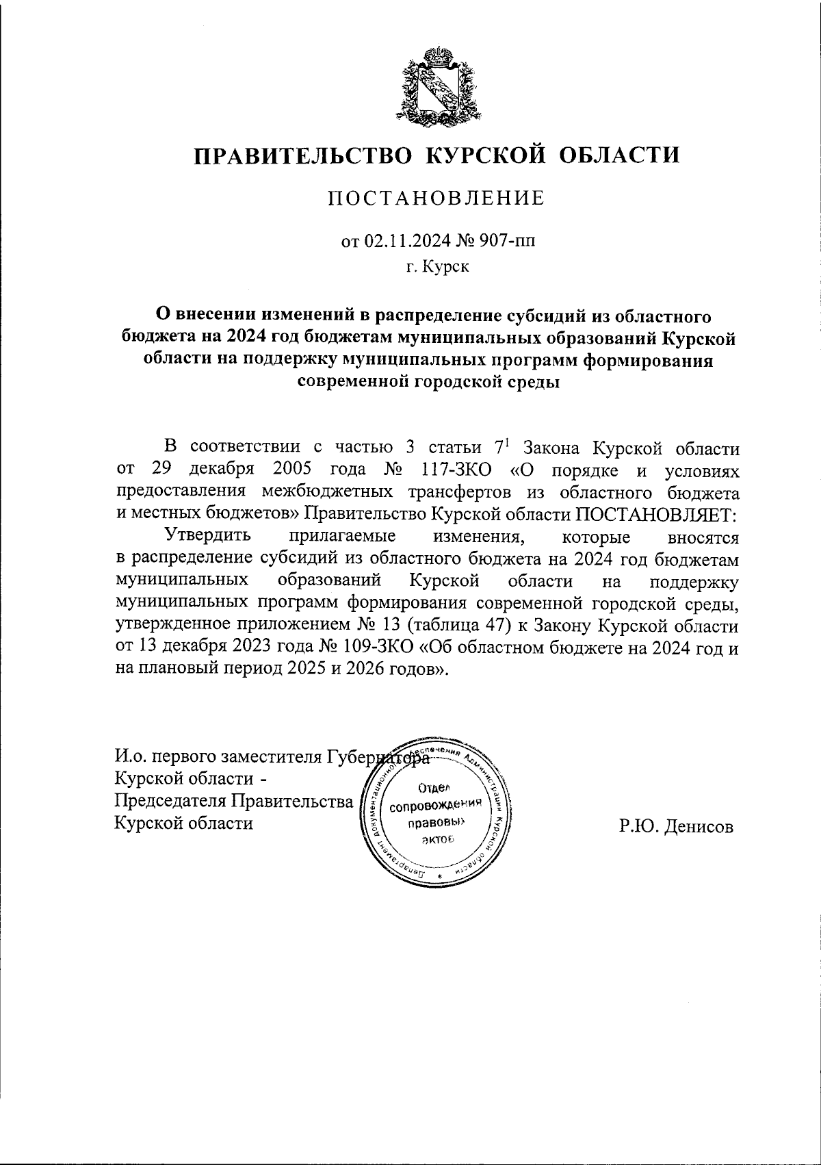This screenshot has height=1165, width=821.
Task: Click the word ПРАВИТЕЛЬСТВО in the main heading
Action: tap(303, 155)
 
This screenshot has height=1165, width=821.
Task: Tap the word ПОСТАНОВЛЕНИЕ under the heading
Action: tap(436, 199)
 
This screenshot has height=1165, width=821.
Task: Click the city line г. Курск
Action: tap(436, 266)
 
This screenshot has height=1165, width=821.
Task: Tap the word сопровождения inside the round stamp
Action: tap(436, 806)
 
